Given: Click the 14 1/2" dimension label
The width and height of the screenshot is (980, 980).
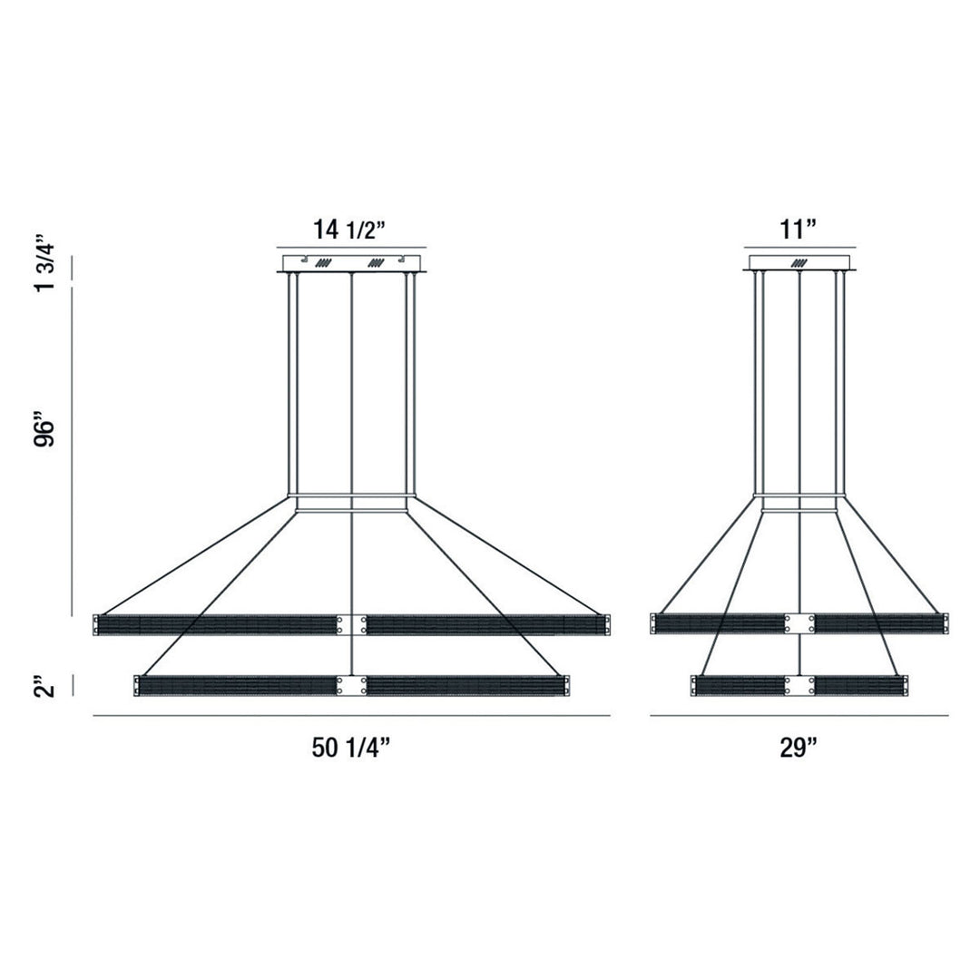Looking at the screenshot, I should pos(350,230).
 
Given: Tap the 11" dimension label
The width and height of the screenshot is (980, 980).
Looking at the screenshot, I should pos(799,230).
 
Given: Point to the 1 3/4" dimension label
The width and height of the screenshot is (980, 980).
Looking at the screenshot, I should pos(47,264).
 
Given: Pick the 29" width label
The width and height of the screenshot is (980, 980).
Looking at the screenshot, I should pos(799,748).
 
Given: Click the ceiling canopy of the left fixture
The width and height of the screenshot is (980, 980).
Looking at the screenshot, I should pos(350,263).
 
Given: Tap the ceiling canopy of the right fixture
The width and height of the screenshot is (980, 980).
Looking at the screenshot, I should pos(799,263).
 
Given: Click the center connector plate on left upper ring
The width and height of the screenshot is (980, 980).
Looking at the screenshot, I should pos(351,624).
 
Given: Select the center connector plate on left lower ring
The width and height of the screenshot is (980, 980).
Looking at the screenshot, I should pos(351,685).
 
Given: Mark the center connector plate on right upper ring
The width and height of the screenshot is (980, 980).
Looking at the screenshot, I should pos(799,624).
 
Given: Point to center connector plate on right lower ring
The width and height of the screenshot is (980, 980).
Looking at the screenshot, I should pos(799,685).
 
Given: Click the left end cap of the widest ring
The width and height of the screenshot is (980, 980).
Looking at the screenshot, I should pos(96,624).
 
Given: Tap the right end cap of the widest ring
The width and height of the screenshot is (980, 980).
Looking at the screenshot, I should pos(606,624).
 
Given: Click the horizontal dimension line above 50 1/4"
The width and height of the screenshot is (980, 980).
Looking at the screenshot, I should pos(351,717).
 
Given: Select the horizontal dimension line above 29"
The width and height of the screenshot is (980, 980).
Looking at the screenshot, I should pos(799,717).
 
